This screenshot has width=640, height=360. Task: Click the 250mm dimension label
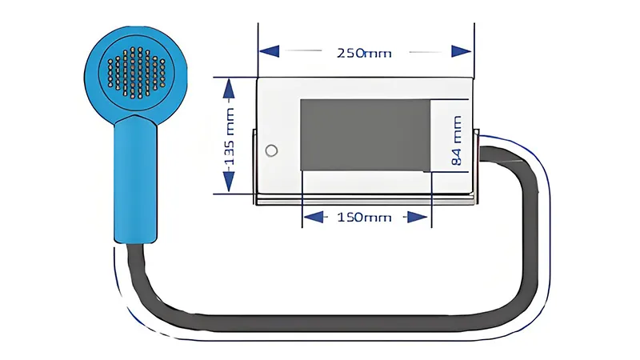[364, 53]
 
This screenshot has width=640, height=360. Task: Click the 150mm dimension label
[364, 217]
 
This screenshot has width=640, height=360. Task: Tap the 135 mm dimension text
[230, 137]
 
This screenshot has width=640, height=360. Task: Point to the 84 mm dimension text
[457, 141]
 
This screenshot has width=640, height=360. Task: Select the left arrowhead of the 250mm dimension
[270, 51]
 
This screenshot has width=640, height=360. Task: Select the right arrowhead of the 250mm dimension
[462, 51]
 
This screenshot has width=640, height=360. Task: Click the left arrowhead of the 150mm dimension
[314, 217]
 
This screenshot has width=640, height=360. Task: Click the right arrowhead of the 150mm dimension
[418, 217]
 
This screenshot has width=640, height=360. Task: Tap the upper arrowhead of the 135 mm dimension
[229, 88]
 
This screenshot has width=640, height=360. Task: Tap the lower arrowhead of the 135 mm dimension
[229, 182]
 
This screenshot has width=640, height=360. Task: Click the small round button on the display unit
[271, 150]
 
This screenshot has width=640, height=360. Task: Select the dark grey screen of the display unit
[366, 134]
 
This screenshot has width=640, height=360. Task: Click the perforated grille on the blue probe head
[136, 73]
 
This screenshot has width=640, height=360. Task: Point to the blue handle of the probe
[135, 179]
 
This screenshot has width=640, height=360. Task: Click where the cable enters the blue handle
[135, 243]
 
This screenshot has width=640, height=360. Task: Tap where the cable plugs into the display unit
[482, 154]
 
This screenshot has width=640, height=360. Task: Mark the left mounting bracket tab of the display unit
[254, 166]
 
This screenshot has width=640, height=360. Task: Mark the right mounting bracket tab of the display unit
[476, 166]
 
